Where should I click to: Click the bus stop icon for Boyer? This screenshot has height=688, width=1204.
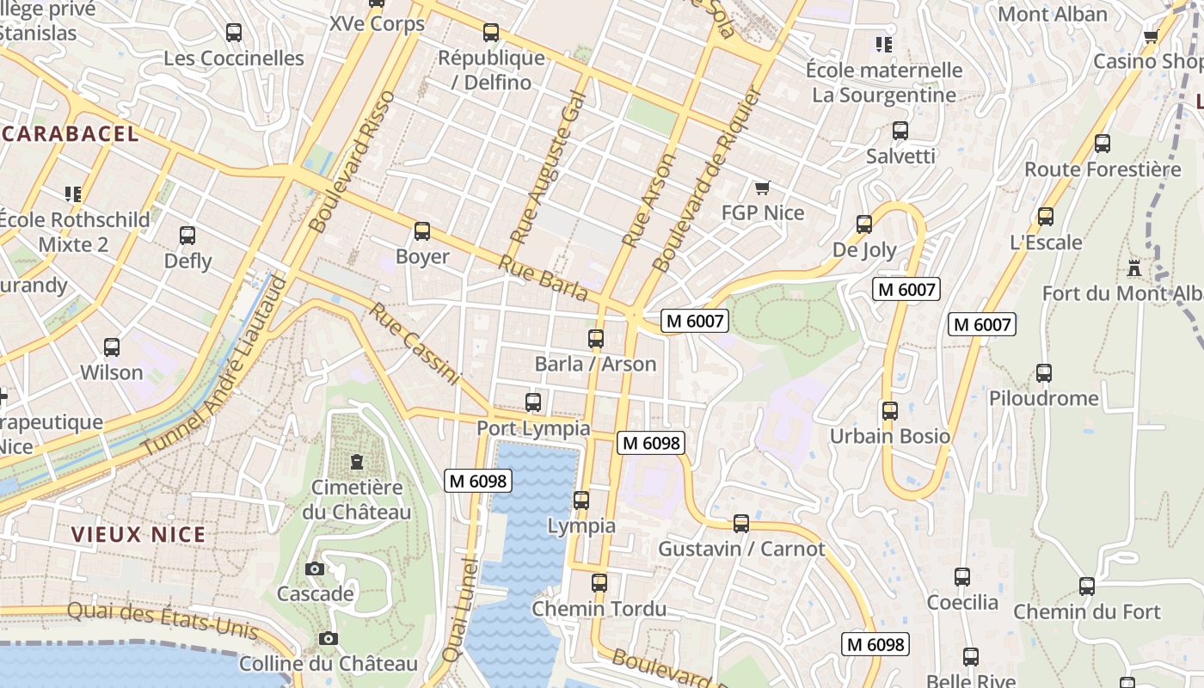(x=421, y=231)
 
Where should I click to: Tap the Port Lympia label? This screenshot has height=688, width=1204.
(x=533, y=428)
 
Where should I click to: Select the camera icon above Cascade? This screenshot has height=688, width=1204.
(x=314, y=568)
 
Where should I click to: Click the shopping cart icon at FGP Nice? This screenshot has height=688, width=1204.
(x=761, y=187)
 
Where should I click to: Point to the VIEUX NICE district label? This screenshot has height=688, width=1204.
(x=138, y=534)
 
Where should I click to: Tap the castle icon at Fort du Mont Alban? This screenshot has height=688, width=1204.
(x=1134, y=268)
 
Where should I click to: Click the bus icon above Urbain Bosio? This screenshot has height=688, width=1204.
(x=889, y=410)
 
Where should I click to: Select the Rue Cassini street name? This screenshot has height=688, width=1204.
(x=415, y=343)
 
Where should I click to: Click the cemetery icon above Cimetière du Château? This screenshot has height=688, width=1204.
(x=356, y=462)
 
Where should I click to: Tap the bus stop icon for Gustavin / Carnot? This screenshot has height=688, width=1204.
(x=740, y=523)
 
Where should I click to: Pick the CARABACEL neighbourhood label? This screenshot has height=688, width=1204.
(x=71, y=133)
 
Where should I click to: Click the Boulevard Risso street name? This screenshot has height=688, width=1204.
(x=351, y=162)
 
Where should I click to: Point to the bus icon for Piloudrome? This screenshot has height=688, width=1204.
(x=1043, y=372)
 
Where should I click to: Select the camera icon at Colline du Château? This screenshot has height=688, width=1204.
(x=328, y=638)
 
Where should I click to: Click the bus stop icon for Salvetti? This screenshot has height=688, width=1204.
(x=900, y=131)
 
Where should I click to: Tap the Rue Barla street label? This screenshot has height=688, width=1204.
(x=543, y=278)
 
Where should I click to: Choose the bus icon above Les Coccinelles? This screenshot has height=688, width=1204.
(x=233, y=33)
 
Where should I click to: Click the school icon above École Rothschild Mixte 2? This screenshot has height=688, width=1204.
(x=73, y=193)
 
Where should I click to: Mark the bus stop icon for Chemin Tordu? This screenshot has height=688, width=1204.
(x=599, y=583)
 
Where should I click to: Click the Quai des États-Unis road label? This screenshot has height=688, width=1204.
(x=162, y=618)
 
